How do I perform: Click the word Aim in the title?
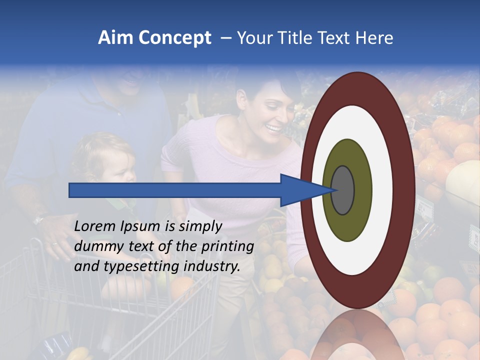(x=115, y=38)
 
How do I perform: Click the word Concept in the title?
(x=174, y=38)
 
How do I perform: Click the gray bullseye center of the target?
(x=342, y=190)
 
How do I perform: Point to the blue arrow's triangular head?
(x=300, y=190)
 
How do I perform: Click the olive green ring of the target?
(x=360, y=220)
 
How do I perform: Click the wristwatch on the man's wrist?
(x=39, y=218)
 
